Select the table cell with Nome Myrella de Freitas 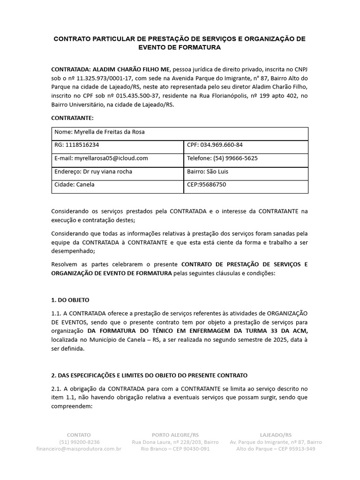coord(180,133)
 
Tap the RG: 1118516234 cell coord(117,145)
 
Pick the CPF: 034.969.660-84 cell coord(246,145)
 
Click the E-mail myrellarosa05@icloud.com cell coord(117,158)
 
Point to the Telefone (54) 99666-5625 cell coord(246,158)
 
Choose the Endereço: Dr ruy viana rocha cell coord(117,172)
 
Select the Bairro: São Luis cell coord(246,172)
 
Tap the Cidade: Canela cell coord(117,185)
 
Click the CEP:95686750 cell coord(246,185)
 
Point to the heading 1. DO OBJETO coord(70,300)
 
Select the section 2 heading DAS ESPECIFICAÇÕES coord(149,375)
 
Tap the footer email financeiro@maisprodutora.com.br coord(79,449)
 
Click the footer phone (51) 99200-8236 coord(79,442)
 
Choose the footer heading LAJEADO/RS coord(276,435)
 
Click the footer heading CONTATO coord(79,435)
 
